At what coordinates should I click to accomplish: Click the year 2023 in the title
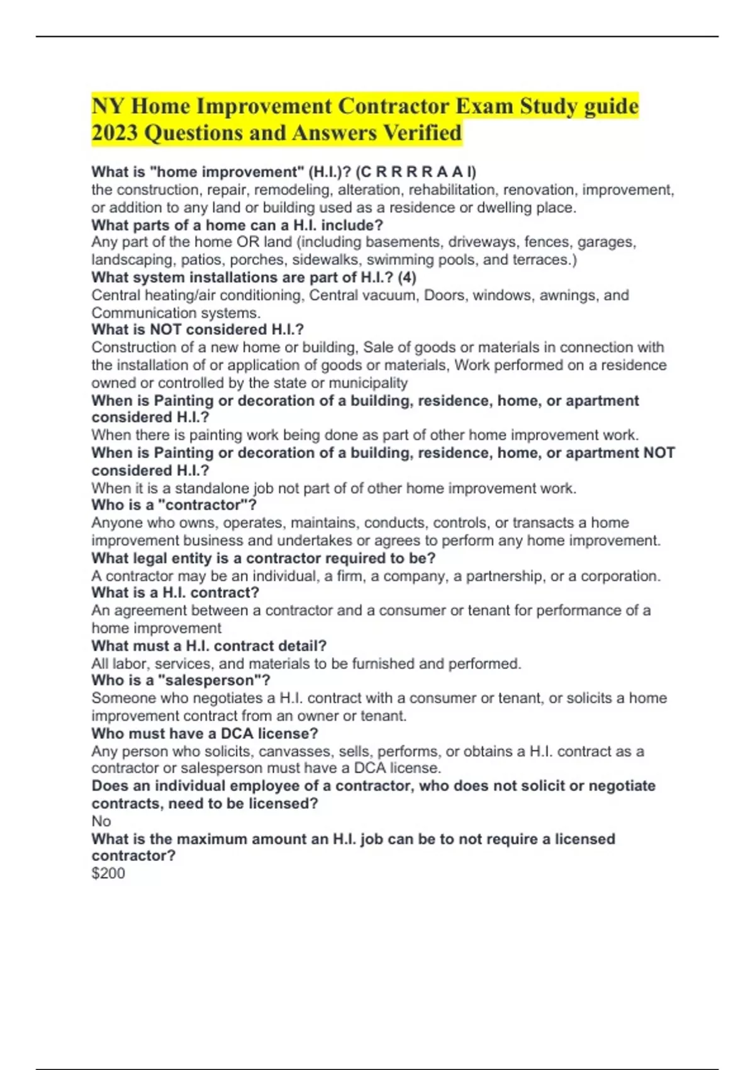[114, 133]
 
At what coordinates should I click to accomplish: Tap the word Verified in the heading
[422, 133]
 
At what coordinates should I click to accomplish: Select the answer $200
[108, 874]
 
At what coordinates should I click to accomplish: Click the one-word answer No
[101, 821]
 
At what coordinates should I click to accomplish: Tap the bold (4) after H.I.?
[407, 278]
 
